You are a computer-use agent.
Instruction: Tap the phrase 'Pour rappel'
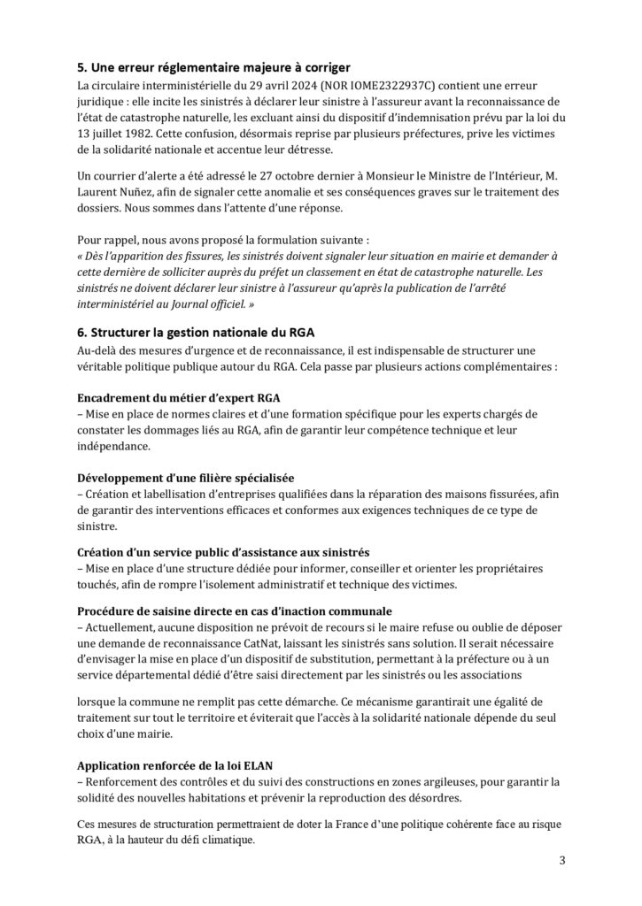(106, 240)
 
